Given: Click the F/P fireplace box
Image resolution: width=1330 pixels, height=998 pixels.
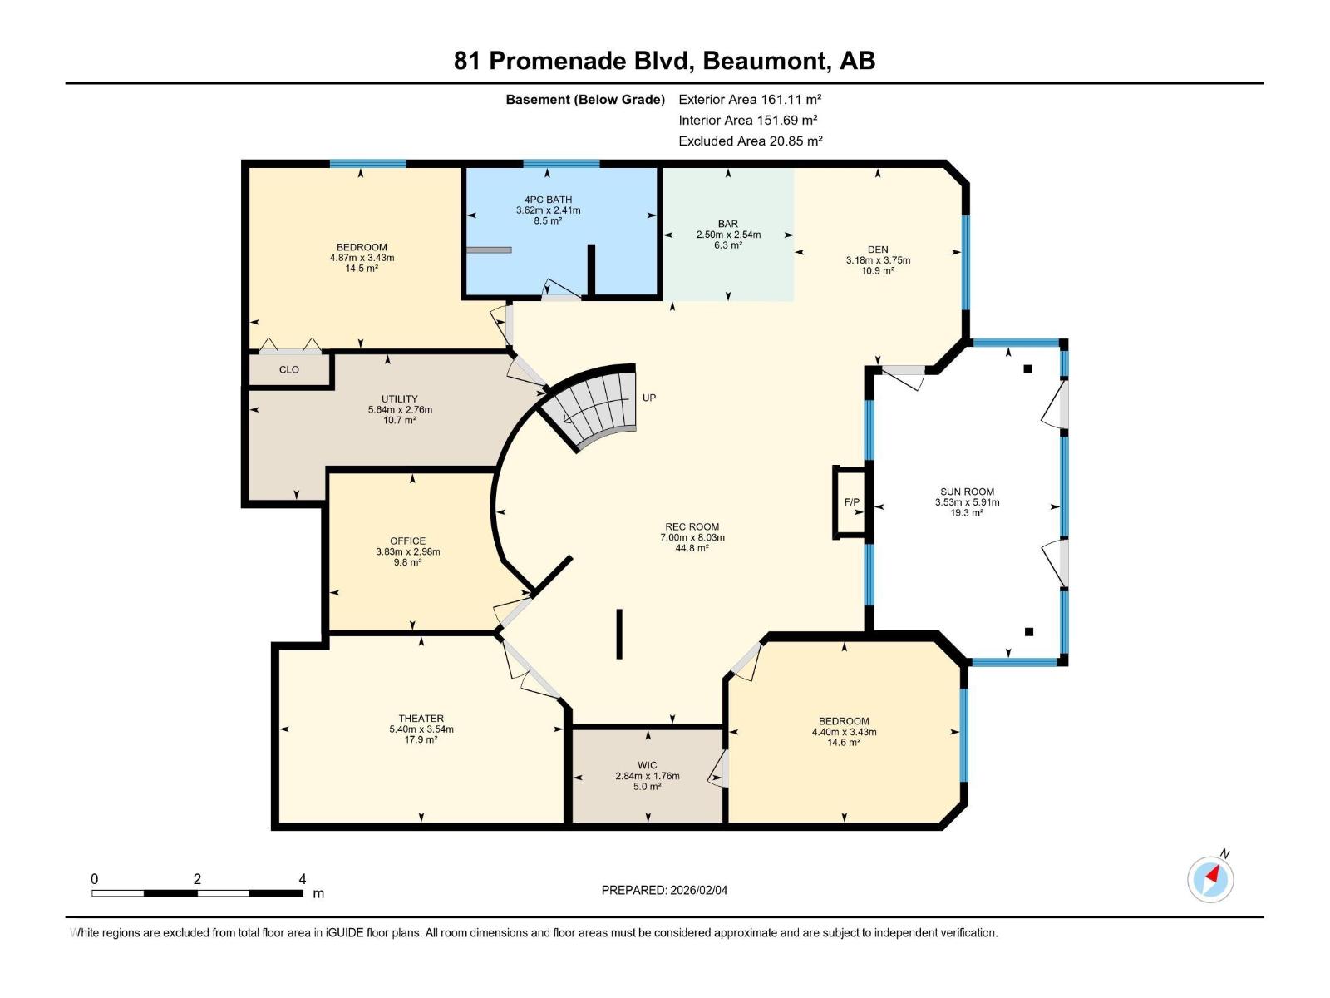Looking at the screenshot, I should click(851, 502).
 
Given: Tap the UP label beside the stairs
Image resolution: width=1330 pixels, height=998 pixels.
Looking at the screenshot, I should click(649, 398).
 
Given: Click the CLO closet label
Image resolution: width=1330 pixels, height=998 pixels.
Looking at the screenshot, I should click(288, 369).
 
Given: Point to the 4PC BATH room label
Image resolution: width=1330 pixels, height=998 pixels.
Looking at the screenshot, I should click(548, 200).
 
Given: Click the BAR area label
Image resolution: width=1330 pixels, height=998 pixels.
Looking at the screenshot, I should click(728, 224).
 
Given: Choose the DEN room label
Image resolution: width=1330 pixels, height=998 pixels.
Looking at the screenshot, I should click(878, 249).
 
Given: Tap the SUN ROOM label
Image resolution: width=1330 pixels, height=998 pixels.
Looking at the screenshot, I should click(967, 492).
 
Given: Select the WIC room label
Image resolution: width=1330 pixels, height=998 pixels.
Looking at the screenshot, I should click(648, 765).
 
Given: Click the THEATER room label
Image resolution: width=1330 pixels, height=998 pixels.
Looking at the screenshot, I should click(421, 719).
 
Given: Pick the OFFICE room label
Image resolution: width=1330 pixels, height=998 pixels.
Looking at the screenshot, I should click(407, 541).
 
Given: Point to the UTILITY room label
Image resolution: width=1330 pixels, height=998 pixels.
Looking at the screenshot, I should click(400, 399).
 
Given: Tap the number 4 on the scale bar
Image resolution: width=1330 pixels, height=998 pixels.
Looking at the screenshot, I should click(303, 879).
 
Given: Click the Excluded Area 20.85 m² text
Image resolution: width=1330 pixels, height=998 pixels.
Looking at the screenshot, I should click(750, 141).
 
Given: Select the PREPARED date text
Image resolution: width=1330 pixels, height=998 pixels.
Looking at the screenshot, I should click(664, 890).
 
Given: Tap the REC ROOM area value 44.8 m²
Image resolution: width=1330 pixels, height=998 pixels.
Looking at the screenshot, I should click(692, 548).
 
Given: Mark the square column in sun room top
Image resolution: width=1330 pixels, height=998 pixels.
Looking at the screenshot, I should click(1027, 368).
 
